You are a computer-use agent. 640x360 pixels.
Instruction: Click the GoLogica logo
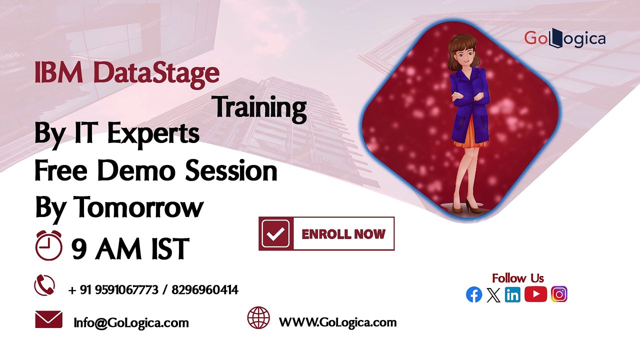(564, 38)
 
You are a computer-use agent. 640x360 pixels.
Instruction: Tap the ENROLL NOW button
(326, 233)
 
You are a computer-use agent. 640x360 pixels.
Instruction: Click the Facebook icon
(474, 294)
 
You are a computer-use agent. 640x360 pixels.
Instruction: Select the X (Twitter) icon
(493, 295)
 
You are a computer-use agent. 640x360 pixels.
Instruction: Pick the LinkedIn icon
(512, 294)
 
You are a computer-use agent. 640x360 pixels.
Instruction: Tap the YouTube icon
(535, 294)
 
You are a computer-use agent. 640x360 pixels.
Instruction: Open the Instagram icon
(559, 294)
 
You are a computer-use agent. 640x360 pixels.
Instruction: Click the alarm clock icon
(48, 245)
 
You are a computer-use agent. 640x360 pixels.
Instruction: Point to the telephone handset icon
(44, 285)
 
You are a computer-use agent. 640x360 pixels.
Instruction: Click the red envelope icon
(48, 319)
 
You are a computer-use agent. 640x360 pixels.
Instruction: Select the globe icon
(258, 317)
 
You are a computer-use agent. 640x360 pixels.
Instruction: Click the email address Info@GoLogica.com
(131, 323)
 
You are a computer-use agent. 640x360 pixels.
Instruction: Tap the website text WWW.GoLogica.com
(337, 322)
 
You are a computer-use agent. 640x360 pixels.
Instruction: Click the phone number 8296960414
(205, 290)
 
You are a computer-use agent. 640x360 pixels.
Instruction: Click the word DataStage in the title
(156, 73)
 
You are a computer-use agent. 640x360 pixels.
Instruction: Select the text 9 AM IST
(130, 248)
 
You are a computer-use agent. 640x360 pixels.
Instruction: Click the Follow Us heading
(517, 278)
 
